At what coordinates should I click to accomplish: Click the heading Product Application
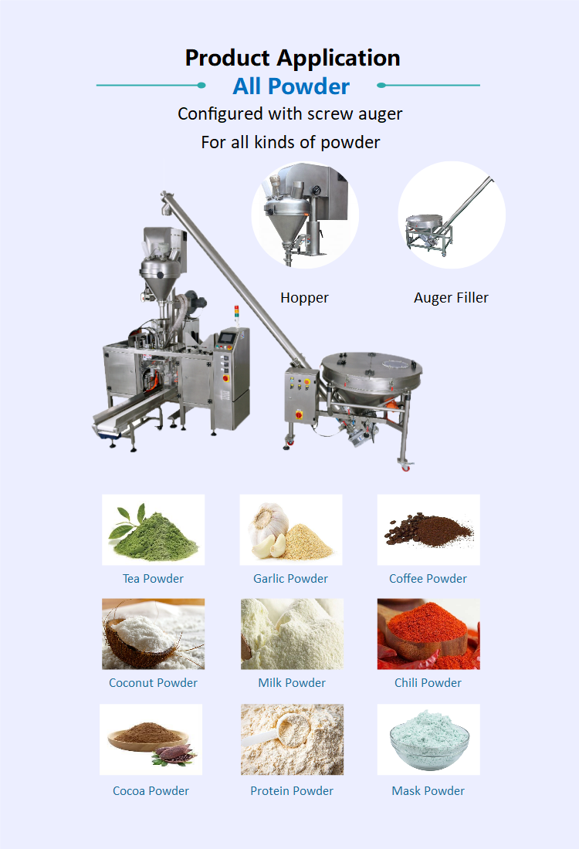coord(293,58)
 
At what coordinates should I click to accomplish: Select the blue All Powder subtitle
coord(291,86)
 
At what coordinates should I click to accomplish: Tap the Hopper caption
coord(304,298)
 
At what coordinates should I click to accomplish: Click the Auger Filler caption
coord(451,298)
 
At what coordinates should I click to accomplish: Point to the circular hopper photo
coord(305,215)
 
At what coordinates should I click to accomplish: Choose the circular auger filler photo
coord(452,215)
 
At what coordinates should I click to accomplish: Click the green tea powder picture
coord(153,530)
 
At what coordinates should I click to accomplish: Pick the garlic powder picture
coord(291,530)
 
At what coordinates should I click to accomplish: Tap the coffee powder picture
coord(428,530)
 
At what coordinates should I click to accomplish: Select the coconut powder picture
coord(153,634)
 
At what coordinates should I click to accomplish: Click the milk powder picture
coord(292,634)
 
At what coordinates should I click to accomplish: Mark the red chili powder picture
coord(428,634)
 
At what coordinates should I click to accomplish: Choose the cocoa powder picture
coord(151,739)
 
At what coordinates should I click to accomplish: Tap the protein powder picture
coord(292,739)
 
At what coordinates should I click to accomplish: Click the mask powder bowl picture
coord(428,739)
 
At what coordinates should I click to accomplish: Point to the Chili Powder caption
coord(428,683)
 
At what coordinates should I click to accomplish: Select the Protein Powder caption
coord(292,791)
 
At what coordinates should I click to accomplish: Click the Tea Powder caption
coord(153,579)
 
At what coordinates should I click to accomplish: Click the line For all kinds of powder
coord(290,143)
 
